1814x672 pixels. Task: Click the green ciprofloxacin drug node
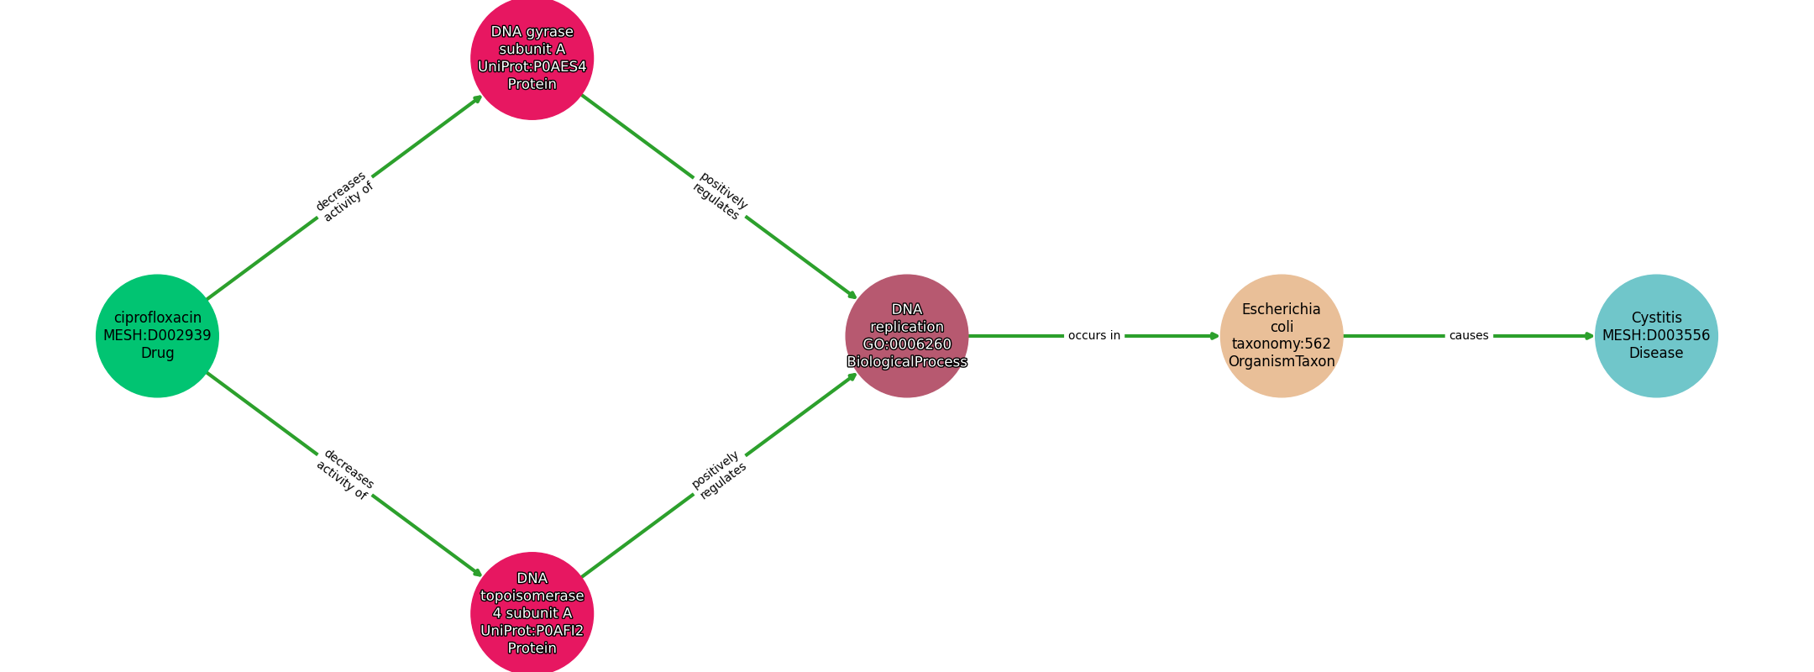[x=157, y=336]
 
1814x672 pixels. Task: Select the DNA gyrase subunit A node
[x=532, y=58]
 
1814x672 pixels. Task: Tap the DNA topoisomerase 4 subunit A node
[x=532, y=613]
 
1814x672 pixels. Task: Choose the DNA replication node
[x=907, y=336]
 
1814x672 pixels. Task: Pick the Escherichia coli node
[x=1282, y=336]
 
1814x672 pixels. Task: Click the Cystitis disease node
[x=1656, y=336]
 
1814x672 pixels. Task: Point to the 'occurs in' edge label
[x=1094, y=336]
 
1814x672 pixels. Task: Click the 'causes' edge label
[x=1469, y=336]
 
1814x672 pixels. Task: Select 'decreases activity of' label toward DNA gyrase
[x=344, y=197]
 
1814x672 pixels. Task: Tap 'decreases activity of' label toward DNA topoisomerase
[x=344, y=475]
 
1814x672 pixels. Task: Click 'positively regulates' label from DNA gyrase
[x=720, y=197]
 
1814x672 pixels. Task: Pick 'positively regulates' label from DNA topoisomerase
[x=719, y=475]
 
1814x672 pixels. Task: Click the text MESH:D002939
[x=157, y=336]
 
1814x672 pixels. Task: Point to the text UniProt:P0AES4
[x=532, y=67]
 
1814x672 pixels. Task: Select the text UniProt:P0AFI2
[x=532, y=631]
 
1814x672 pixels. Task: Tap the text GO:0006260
[x=907, y=344]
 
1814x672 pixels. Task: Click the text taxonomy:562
[x=1282, y=344]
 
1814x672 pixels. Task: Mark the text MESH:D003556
[x=1656, y=336]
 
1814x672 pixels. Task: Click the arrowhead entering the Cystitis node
[x=1589, y=336]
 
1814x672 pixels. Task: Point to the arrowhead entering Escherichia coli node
[x=1214, y=336]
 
